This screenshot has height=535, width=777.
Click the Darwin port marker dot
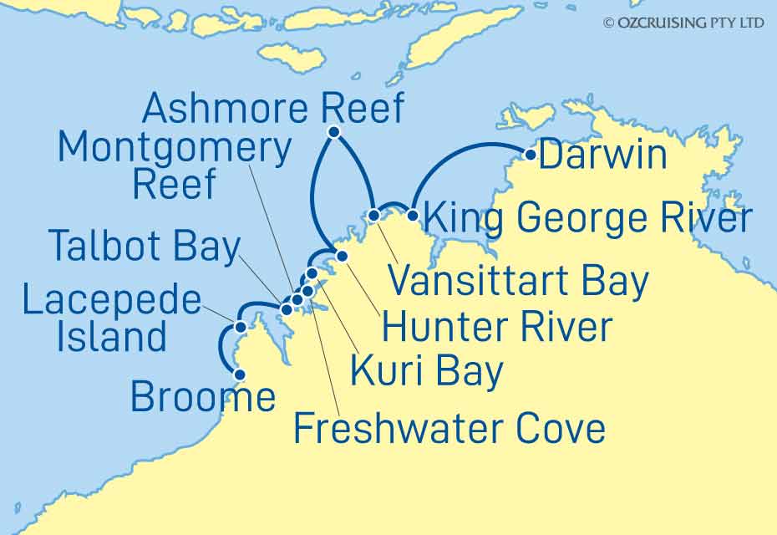(530, 154)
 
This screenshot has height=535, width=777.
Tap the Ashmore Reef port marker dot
(333, 132)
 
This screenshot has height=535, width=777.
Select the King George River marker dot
(412, 215)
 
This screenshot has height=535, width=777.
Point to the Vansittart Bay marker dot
(374, 215)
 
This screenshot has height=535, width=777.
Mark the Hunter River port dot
(341, 255)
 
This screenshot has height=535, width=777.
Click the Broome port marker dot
(239, 374)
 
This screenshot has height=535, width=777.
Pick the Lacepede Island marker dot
(241, 327)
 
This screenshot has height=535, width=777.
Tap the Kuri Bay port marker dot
(312, 273)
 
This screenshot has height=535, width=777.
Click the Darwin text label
(603, 155)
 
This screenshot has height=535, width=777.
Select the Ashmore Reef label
(273, 109)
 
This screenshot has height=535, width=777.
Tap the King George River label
(585, 219)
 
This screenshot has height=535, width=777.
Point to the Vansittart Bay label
(519, 282)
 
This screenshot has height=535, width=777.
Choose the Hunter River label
(496, 327)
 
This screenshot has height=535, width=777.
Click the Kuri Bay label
(426, 371)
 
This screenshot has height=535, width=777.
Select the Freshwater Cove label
(449, 429)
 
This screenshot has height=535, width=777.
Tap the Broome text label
(203, 398)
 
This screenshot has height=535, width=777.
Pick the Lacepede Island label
(111, 321)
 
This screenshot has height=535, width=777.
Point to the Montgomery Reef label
(174, 167)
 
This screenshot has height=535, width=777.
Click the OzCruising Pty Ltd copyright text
(683, 23)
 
